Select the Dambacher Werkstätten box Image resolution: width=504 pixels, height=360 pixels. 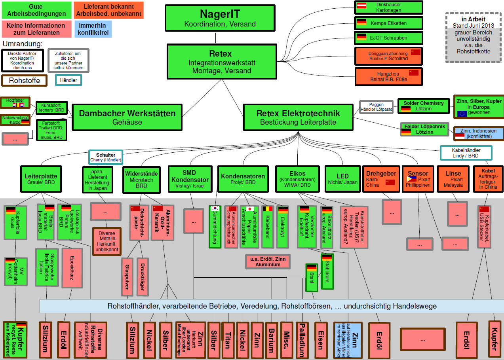point(127,117)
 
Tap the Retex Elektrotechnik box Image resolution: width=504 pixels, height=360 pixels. point(298,117)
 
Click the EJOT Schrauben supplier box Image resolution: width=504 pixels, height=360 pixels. point(388,38)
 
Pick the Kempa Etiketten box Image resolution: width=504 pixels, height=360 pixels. point(388,23)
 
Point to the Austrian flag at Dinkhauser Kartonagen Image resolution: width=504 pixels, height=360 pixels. point(361,6)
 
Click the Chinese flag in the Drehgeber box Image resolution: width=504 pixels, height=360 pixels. point(390,182)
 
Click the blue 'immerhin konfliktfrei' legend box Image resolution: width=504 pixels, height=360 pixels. point(93,29)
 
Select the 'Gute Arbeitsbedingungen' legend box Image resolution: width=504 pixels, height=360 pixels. point(36,10)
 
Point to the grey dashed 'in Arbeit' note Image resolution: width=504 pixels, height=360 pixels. point(473,38)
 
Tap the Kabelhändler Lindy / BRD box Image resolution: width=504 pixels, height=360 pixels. point(466,153)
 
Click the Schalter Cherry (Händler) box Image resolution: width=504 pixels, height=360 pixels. point(106,157)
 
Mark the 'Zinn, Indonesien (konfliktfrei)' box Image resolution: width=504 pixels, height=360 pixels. point(478,133)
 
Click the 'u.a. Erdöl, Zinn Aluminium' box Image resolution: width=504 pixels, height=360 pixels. point(268,261)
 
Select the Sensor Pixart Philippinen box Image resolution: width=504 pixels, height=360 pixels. point(418,179)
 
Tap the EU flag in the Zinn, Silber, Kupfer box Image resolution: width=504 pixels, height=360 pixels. point(462,114)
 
